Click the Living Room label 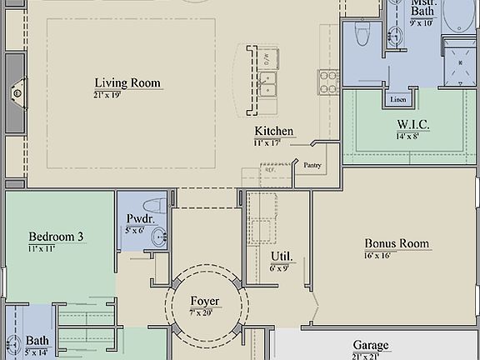coord(127,82)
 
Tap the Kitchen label coord(273,131)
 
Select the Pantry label coord(312,165)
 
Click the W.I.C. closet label coord(412,124)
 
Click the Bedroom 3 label coord(56,237)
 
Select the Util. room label coord(281,256)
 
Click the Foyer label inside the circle coord(205,301)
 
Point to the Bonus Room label coord(397,244)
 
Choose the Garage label coord(370,345)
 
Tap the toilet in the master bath coord(362,32)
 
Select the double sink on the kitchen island coord(267,83)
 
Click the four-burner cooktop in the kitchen coord(327,80)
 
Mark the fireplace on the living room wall coord(16,92)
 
